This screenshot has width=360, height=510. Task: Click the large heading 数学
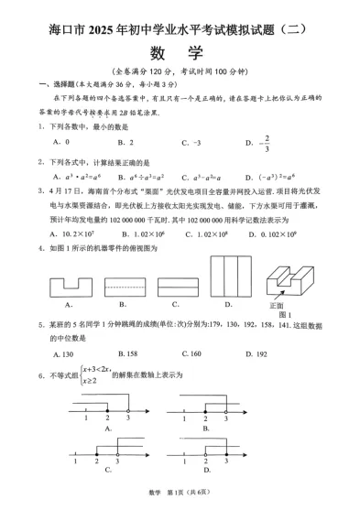[x=180, y=49]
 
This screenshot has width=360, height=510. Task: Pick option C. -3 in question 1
[x=191, y=143]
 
